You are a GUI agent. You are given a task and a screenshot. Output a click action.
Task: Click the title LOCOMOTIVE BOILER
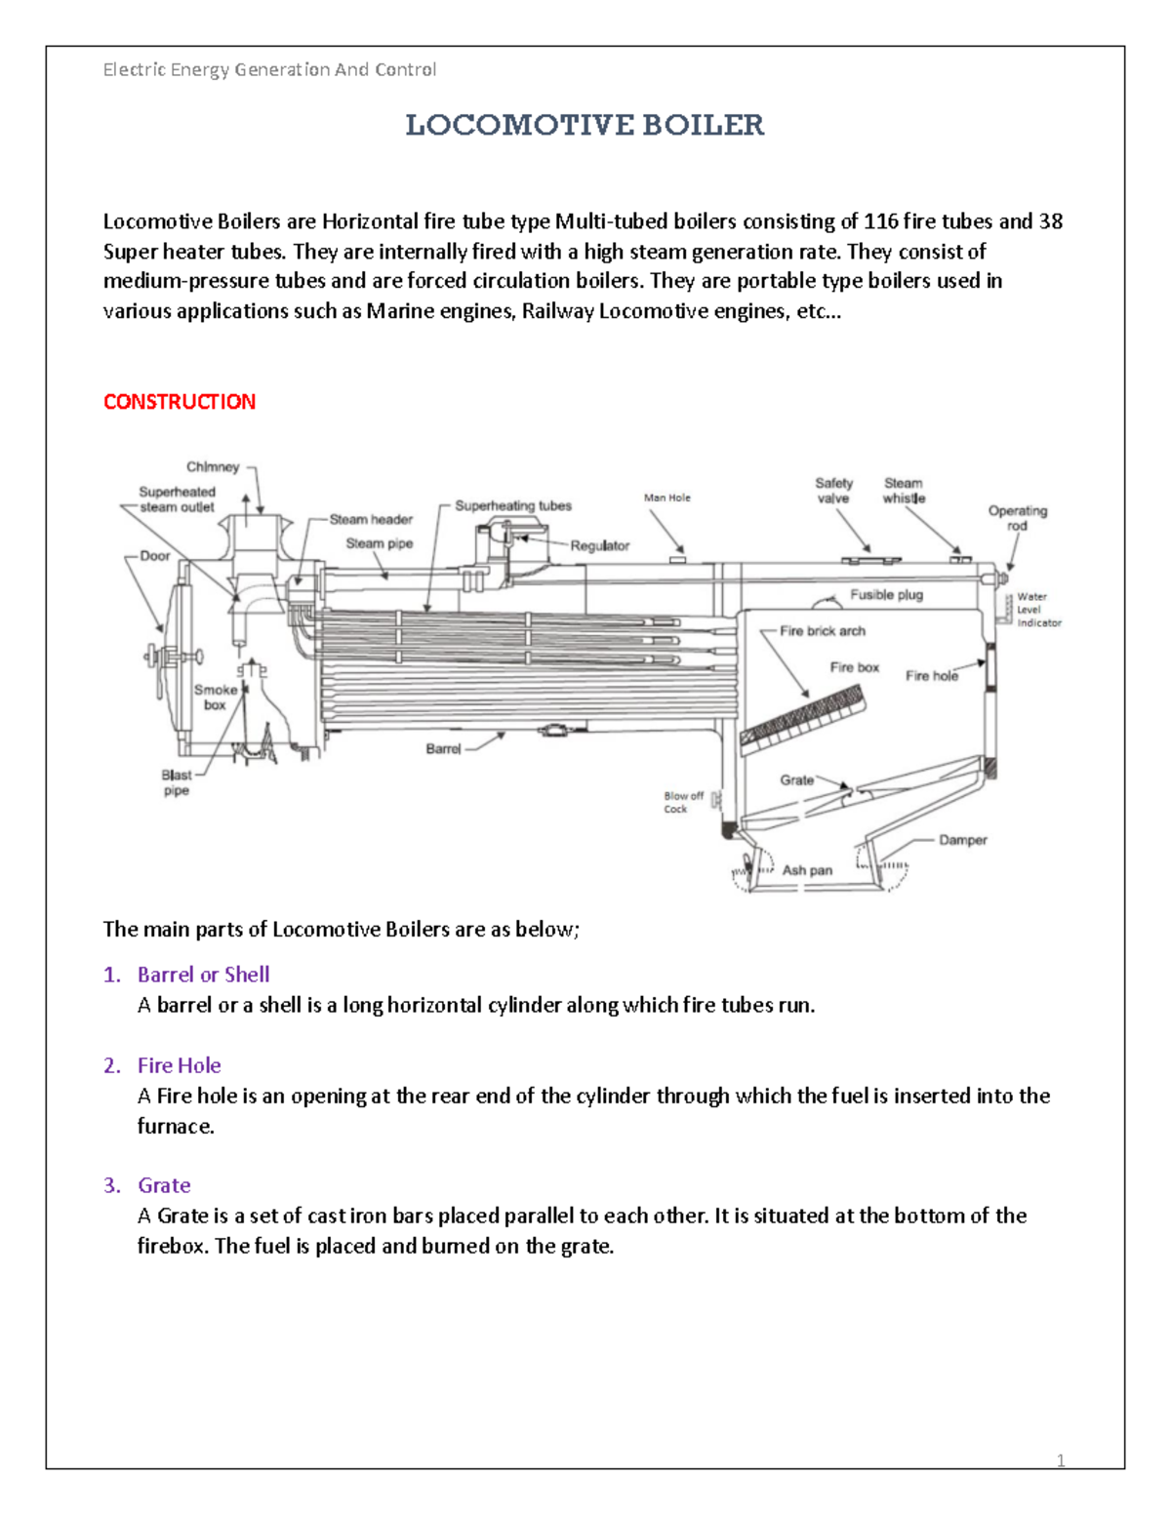585,125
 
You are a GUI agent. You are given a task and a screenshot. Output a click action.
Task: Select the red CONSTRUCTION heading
180,402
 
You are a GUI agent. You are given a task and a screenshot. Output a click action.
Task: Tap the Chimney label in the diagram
213,467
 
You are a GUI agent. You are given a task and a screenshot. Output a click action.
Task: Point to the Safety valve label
833,491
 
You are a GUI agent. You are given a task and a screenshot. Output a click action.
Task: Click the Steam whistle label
904,491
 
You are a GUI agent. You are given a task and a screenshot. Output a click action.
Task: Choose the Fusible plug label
886,594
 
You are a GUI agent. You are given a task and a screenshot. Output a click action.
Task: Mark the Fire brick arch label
822,631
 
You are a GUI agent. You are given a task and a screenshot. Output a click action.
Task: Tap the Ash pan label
807,870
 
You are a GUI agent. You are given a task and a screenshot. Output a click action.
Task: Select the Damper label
962,840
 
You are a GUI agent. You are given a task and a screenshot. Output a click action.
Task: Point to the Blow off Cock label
683,802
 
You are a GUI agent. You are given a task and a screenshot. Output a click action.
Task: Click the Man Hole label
666,498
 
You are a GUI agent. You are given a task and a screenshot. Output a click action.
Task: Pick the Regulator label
599,545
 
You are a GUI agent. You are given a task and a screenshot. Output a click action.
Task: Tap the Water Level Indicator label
1038,610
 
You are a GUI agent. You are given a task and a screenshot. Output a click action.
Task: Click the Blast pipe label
176,782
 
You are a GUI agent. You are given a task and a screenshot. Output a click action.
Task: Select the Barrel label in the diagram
443,748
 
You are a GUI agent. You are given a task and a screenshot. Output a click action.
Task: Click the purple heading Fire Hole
179,1065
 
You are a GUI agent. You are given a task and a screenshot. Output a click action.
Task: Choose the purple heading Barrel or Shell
203,975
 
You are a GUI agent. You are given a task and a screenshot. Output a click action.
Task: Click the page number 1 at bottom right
1061,1460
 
